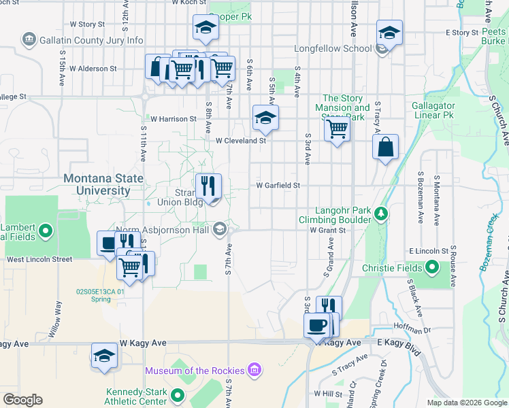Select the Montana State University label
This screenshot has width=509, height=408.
click(x=103, y=185)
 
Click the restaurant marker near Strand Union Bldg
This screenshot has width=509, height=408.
click(x=208, y=185)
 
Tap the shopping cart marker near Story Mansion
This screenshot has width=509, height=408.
click(x=338, y=128)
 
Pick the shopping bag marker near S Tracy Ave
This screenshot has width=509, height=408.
click(x=385, y=146)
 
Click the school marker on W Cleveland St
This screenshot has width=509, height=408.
click(x=265, y=118)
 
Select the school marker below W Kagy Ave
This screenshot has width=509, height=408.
click(x=104, y=355)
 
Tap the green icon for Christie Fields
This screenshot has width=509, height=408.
click(x=431, y=268)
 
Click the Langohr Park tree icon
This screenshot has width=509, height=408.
click(x=382, y=215)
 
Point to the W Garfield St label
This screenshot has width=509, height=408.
click(x=278, y=185)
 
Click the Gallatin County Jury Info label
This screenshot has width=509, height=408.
click(x=92, y=41)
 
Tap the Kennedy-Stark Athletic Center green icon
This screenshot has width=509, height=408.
click(x=178, y=395)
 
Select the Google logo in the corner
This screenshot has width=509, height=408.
click(x=22, y=400)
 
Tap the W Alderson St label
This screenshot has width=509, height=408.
click(x=92, y=69)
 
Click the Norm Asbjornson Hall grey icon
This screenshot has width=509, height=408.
click(x=219, y=228)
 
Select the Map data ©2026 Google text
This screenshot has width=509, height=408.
click(x=466, y=403)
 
